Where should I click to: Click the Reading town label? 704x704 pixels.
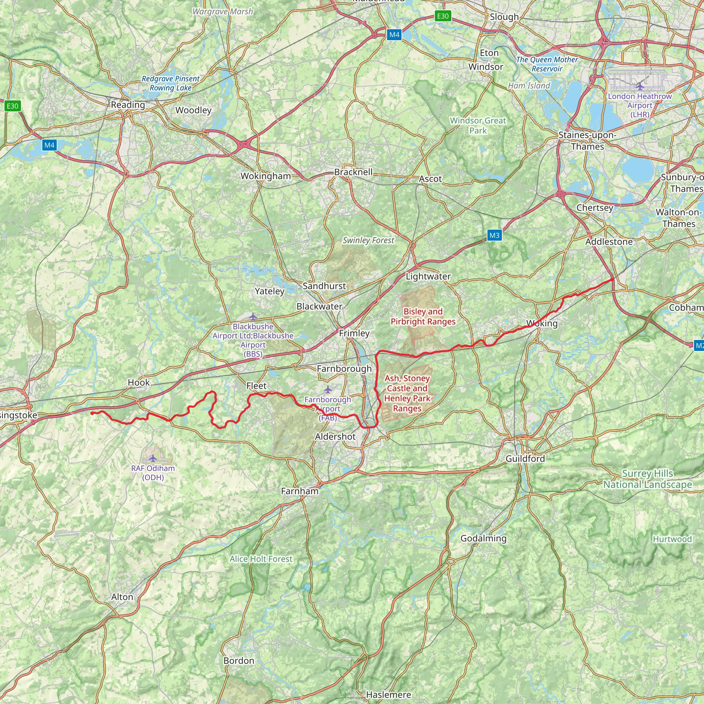128,105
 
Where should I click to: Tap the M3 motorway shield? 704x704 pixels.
494,235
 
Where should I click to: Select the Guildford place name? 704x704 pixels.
525,459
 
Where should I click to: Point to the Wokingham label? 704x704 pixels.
266,176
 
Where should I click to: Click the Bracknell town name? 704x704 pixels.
353,172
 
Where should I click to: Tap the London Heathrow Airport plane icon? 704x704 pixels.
640,86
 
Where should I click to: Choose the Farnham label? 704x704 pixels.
299,491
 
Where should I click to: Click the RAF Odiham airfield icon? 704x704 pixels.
153,458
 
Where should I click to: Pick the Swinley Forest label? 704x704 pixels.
368,241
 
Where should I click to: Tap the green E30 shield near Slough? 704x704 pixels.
443,16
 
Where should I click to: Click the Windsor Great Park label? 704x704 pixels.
478,125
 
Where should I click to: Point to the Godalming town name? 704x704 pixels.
483,538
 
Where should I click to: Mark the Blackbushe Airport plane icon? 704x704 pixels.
253,316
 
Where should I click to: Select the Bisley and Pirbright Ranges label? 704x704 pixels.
423,316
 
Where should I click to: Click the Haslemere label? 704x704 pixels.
388,694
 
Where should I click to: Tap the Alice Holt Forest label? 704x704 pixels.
261,559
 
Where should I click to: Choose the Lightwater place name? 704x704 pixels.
428,277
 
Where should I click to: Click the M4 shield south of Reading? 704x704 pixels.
49,145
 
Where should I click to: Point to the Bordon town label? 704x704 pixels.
239,661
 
